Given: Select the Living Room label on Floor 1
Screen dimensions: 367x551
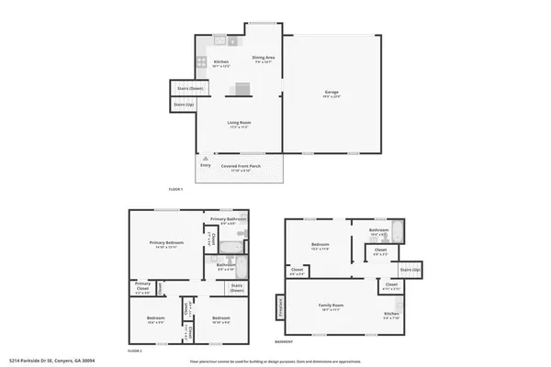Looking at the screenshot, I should point(240,122).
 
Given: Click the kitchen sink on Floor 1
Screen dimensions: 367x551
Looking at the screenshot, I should point(220,39).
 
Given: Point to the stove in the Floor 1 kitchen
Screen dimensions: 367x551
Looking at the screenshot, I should point(199,62).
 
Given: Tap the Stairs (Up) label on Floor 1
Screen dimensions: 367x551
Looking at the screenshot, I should point(183,106).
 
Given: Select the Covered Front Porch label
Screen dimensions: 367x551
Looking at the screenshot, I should point(241,166).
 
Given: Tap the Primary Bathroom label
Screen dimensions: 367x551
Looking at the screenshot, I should point(228,219).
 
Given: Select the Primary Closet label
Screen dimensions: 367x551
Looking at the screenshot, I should point(142,284).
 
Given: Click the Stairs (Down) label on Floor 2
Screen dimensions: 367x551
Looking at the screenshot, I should point(237,287).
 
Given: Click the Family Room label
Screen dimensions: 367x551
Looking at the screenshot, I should point(331,305).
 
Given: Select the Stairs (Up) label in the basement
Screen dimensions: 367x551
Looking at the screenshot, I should point(410,271).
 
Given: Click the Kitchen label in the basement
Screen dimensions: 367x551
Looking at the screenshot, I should point(391,314).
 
